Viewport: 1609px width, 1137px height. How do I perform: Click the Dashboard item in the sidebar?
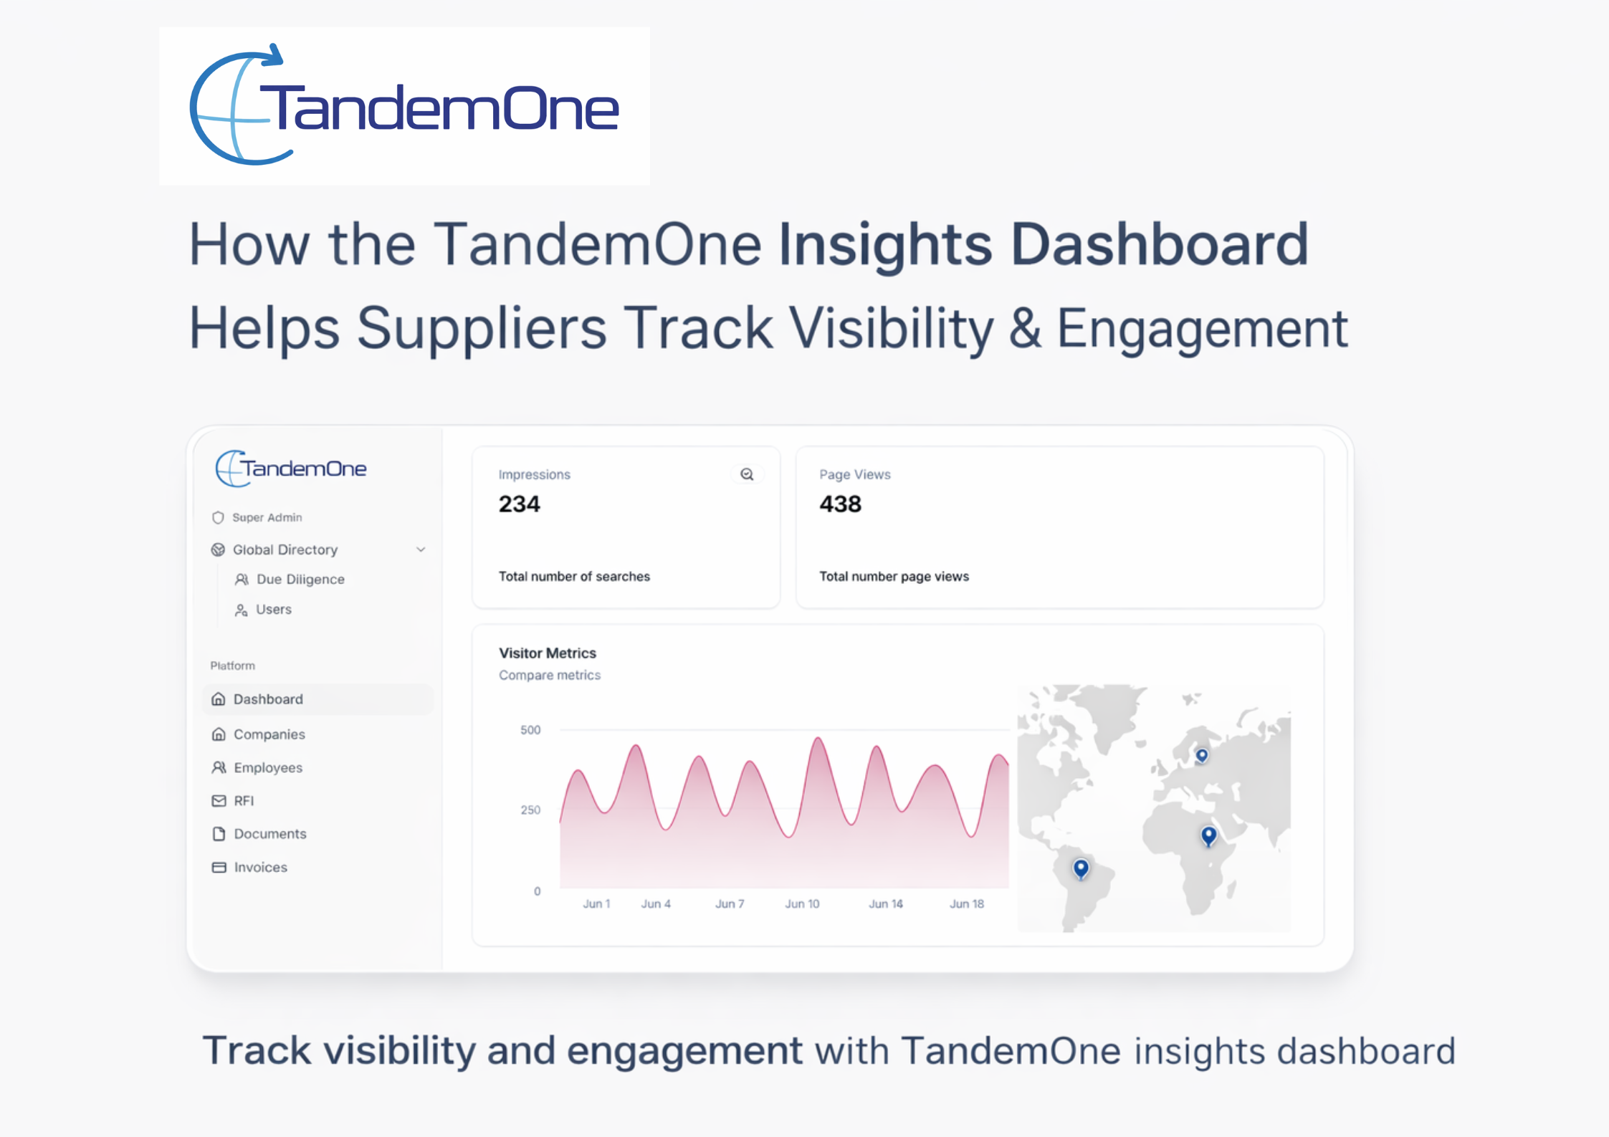(x=267, y=699)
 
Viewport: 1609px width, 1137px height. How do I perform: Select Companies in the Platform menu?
(x=269, y=734)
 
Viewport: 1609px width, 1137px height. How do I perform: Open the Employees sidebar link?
(x=267, y=768)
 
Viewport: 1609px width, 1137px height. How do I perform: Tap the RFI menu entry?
(x=243, y=801)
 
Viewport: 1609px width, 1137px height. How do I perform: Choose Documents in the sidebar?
(x=269, y=834)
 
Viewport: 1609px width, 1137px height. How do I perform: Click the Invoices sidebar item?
(x=259, y=868)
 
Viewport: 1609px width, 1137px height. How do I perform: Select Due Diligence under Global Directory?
(x=300, y=580)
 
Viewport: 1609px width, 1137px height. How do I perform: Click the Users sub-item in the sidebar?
(x=273, y=610)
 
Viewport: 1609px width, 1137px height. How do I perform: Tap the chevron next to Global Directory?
(x=421, y=550)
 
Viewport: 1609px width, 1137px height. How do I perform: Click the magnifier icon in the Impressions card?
(x=747, y=474)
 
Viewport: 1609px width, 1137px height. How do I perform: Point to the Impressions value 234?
(x=519, y=504)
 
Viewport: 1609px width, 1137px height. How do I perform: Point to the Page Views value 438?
(x=840, y=504)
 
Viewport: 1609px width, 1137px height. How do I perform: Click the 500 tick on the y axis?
(x=530, y=730)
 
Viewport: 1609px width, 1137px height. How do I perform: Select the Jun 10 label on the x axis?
(x=802, y=904)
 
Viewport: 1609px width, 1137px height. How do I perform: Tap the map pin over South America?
(x=1081, y=868)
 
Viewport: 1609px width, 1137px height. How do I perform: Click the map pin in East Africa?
(x=1208, y=835)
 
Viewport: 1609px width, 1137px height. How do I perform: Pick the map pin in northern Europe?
(x=1202, y=755)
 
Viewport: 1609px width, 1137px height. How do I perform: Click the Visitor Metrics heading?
(x=548, y=653)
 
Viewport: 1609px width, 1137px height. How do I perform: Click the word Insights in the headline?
(x=885, y=245)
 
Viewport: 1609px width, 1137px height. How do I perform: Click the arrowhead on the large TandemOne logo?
(x=274, y=54)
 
